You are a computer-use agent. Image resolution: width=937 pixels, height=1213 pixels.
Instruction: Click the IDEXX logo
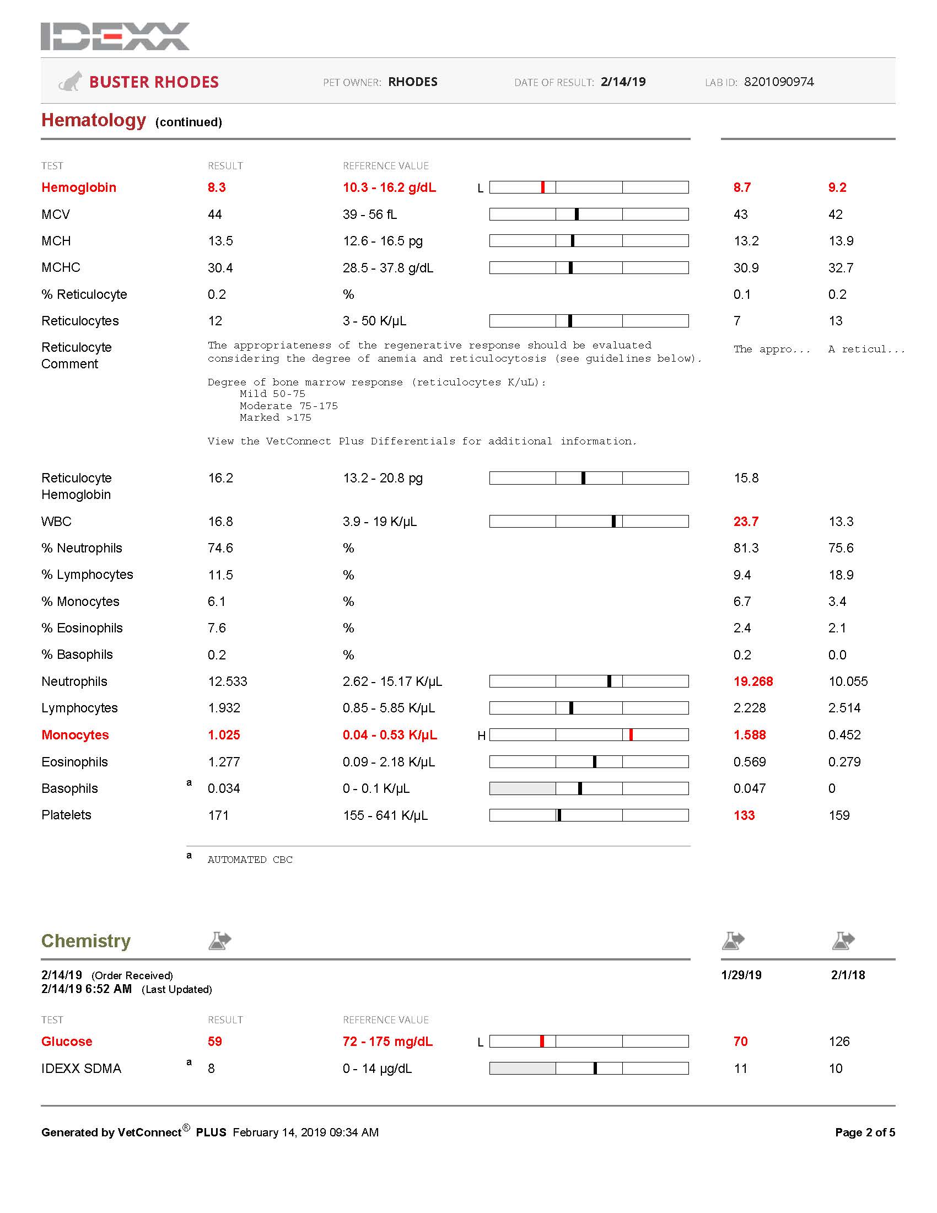tap(115, 36)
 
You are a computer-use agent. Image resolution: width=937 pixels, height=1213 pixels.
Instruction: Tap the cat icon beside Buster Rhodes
tap(71, 82)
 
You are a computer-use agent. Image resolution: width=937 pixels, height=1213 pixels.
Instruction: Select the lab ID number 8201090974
tap(778, 82)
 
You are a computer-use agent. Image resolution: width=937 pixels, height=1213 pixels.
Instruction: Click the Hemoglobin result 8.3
tap(217, 187)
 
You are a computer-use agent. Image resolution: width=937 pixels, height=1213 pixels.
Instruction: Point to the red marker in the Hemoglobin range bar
tap(542, 187)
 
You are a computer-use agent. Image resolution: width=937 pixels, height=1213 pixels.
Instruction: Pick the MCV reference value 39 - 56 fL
tap(370, 214)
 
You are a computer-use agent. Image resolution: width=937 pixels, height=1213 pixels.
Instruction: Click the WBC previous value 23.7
tap(746, 522)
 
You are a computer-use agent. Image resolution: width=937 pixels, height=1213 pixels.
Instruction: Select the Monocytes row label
tap(75, 735)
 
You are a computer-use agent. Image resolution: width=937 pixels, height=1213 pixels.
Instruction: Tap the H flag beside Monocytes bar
tap(481, 736)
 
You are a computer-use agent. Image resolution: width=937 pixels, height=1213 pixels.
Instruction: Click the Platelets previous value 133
tap(744, 815)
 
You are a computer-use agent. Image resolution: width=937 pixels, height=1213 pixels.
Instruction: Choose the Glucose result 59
tap(215, 1042)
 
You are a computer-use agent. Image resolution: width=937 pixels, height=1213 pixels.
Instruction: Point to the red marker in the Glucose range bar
tap(542, 1042)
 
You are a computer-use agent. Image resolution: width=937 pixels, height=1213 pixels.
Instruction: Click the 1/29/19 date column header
tap(741, 975)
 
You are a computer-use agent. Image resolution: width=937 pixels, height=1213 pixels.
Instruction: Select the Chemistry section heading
tap(86, 941)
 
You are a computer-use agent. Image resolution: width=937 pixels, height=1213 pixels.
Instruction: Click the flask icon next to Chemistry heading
tap(220, 941)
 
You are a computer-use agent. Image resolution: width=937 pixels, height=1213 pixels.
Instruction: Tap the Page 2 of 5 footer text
tap(864, 1133)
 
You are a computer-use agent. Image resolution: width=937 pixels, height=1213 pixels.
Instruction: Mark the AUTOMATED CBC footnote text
tap(250, 860)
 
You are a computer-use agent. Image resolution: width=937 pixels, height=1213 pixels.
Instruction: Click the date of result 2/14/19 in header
tap(623, 82)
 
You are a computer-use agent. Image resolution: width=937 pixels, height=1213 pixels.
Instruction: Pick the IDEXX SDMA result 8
tap(211, 1069)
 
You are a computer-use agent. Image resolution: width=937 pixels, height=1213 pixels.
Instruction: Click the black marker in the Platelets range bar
tap(559, 815)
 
